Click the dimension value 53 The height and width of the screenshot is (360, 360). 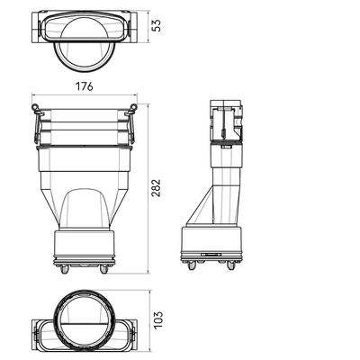click(157, 25)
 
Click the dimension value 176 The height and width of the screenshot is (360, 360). click(84, 86)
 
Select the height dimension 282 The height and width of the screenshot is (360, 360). click(156, 188)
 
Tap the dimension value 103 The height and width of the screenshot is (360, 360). click(158, 319)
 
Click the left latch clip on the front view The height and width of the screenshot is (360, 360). click(37, 123)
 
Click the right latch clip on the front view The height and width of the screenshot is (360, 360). click(131, 123)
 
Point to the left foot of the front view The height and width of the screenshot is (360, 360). click(64, 269)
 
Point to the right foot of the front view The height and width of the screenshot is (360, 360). click(103, 269)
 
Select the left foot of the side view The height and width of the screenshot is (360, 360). click(191, 265)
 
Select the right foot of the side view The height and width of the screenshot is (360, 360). click(230, 265)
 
